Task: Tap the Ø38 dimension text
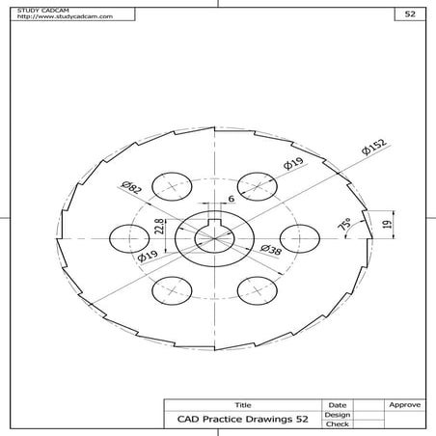(x=271, y=249)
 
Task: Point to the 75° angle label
(x=342, y=225)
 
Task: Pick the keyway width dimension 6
(x=230, y=200)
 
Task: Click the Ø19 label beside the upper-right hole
(x=294, y=165)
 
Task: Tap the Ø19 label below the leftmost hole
(x=148, y=257)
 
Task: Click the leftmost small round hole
(x=128, y=236)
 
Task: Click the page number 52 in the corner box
(x=410, y=15)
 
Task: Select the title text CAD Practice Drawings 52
(x=243, y=420)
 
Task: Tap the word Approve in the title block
(x=402, y=405)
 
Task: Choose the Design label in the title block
(x=337, y=415)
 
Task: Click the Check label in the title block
(x=337, y=424)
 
